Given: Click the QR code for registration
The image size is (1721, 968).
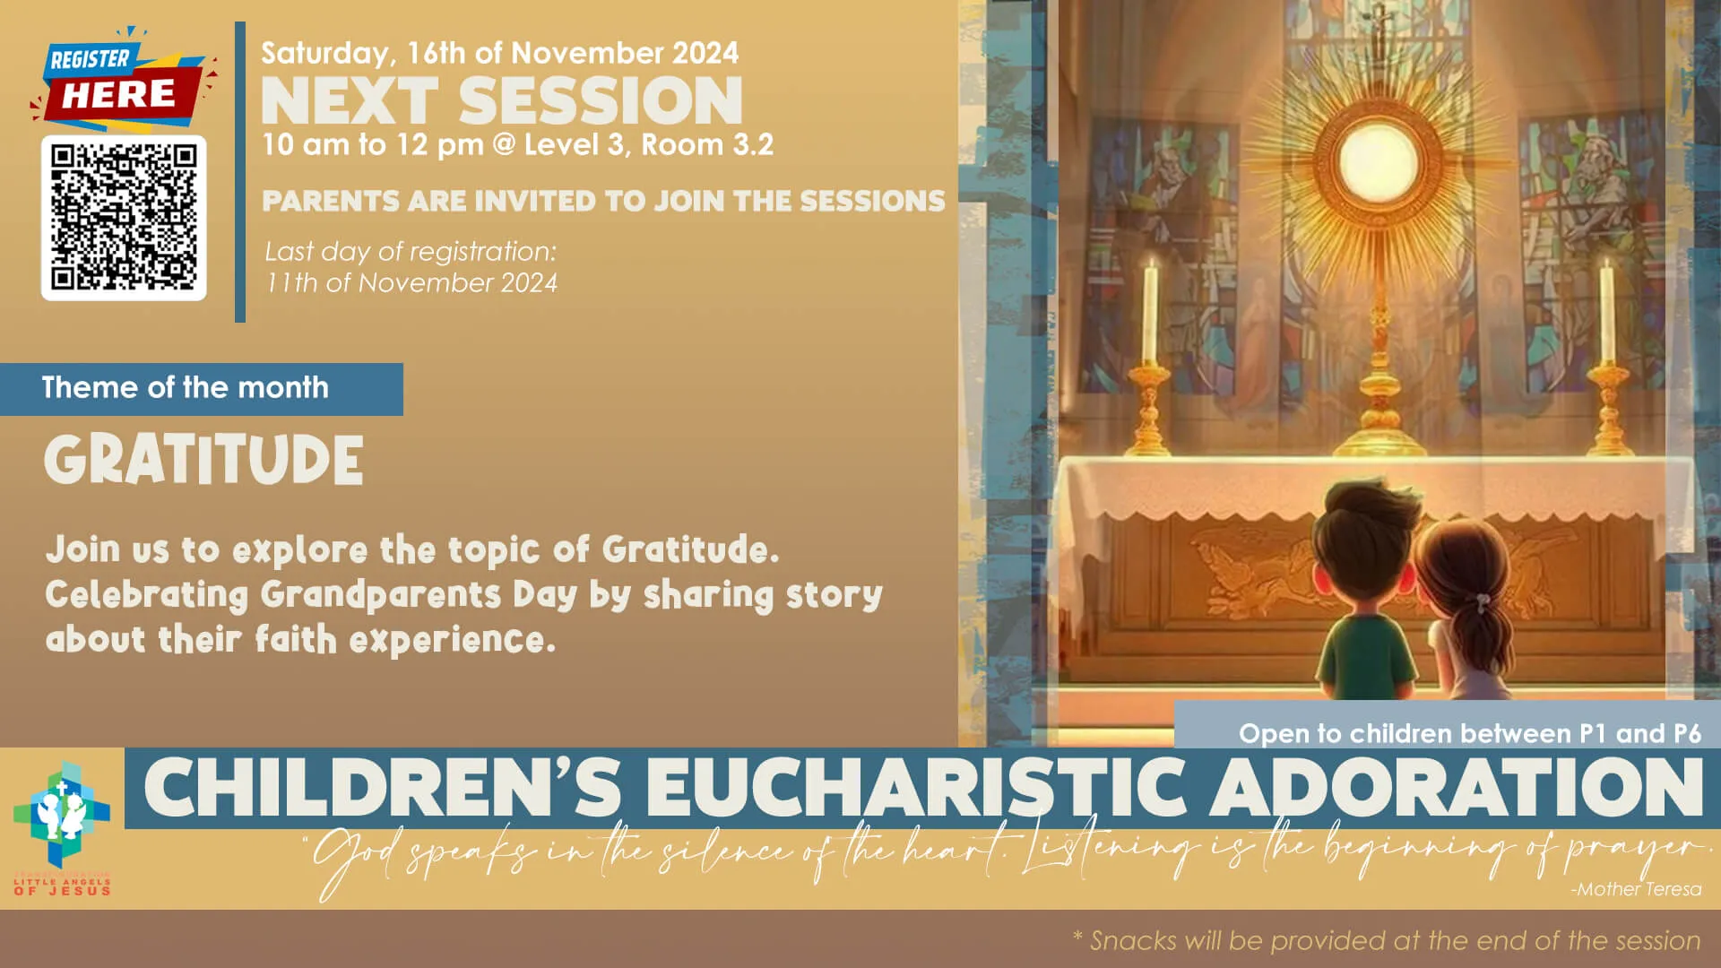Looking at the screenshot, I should click(x=124, y=218).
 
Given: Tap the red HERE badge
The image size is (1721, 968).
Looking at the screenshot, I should click(x=118, y=94).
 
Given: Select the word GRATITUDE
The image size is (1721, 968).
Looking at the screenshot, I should click(x=203, y=460).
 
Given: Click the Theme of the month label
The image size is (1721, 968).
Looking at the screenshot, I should click(x=186, y=387).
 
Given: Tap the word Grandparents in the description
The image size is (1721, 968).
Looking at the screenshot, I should click(x=380, y=595).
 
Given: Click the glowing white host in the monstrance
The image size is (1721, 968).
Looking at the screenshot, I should click(x=1377, y=161).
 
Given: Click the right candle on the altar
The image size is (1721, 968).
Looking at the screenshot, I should click(x=1606, y=314).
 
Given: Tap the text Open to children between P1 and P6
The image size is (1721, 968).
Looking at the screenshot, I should click(x=1469, y=734).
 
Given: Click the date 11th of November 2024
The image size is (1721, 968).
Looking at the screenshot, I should click(x=411, y=283).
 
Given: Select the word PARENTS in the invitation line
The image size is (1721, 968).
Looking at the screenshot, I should click(x=330, y=201).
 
